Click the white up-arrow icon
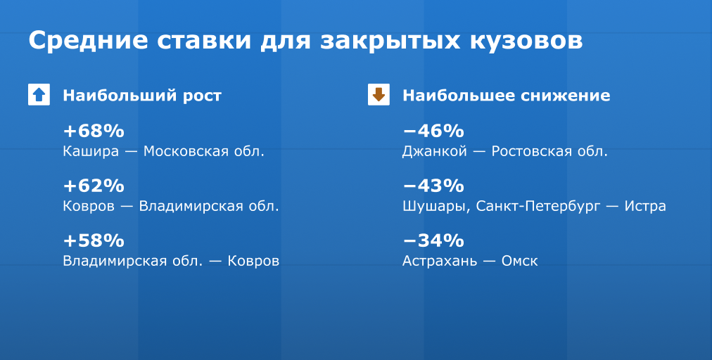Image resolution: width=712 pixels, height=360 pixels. [x=39, y=94]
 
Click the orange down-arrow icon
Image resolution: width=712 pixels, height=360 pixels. [x=379, y=94]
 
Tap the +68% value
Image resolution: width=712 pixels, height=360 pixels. [x=94, y=131]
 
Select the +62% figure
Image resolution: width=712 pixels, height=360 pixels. [x=94, y=186]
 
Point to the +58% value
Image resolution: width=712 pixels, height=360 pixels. [x=94, y=240]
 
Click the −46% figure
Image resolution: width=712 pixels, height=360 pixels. [x=433, y=131]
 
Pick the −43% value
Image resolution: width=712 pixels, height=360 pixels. [x=433, y=186]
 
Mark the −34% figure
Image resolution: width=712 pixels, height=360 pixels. [x=433, y=240]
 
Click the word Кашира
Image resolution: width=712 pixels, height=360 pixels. [x=91, y=152]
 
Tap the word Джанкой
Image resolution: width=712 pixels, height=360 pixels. [x=435, y=152]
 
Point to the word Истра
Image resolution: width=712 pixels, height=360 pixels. [x=645, y=207]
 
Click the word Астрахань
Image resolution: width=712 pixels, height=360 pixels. [x=440, y=261]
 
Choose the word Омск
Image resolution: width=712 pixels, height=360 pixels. [x=519, y=261]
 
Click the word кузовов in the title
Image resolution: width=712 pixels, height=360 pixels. [x=526, y=41]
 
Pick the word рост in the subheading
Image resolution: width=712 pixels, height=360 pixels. [x=202, y=96]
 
